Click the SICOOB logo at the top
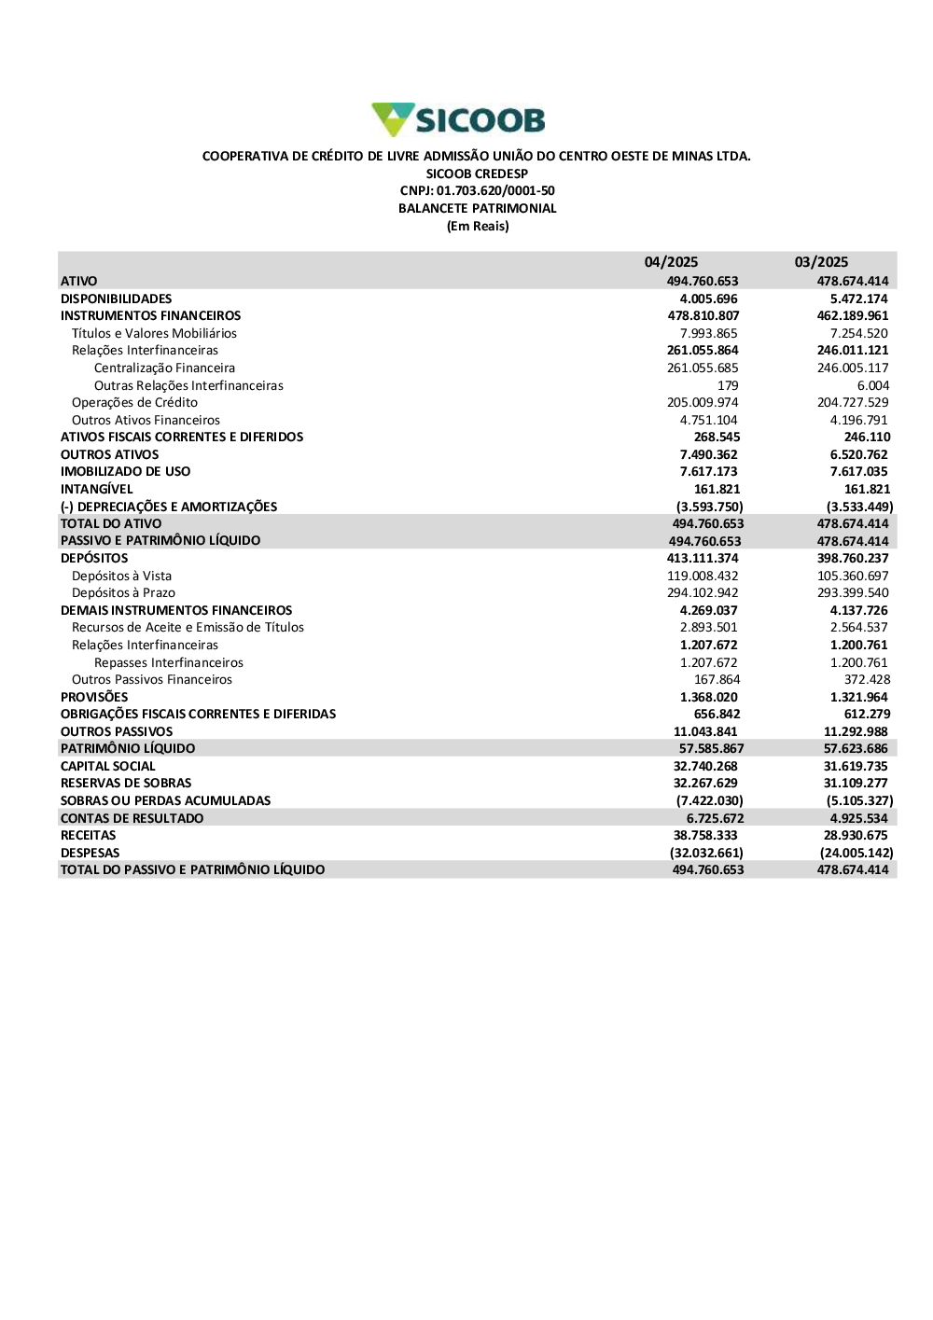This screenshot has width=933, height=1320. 458,119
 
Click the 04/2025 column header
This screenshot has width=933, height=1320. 671,262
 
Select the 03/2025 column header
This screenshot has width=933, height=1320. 821,262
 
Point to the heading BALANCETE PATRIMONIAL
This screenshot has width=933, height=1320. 477,208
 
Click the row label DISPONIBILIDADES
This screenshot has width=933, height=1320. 116,299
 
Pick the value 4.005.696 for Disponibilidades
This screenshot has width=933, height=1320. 708,299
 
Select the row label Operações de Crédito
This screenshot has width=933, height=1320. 134,402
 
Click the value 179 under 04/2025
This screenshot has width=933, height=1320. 728,385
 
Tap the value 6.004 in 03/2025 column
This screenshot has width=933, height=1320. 872,385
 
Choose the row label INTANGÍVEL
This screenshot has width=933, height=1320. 96,489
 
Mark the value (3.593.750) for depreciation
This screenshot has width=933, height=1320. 709,507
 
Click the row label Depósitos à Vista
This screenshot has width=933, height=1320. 121,576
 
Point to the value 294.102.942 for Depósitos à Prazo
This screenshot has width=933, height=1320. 703,592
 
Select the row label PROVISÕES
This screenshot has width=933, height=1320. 94,697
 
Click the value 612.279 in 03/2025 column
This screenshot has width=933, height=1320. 867,714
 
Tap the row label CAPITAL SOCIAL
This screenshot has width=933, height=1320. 107,766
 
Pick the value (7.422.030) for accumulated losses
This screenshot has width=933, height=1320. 709,800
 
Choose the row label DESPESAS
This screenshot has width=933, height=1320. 90,853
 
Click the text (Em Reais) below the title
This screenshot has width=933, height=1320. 478,226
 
